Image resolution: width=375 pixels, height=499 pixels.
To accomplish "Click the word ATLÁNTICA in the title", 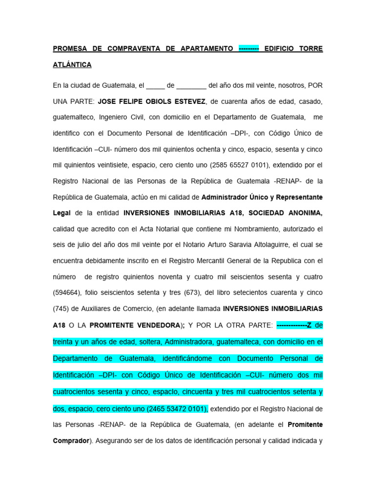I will [72, 65].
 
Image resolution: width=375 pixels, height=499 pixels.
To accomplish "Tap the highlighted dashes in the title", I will [249, 49].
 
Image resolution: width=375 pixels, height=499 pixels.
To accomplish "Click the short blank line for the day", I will [155, 86].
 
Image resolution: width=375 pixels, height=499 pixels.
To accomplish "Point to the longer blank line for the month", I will [191, 86].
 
